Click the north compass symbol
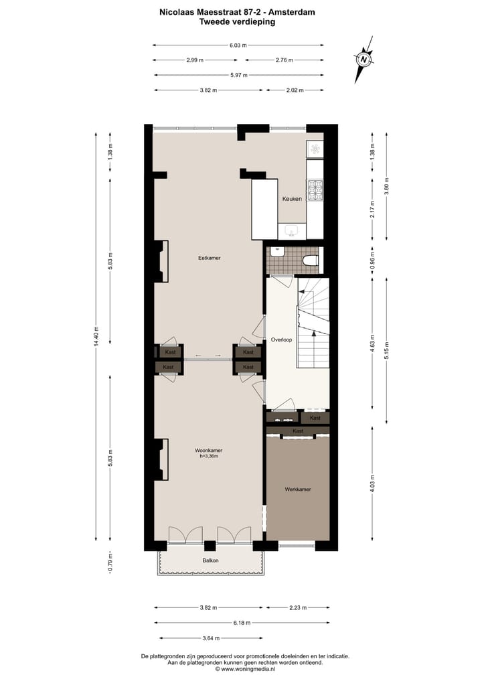click(x=364, y=58)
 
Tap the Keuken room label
click(x=292, y=199)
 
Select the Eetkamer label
click(x=209, y=258)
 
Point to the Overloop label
click(x=282, y=340)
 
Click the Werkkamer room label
click(x=297, y=489)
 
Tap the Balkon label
click(x=210, y=560)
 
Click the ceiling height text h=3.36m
click(x=209, y=456)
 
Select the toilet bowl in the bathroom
click(x=310, y=260)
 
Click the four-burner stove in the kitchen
click(x=315, y=191)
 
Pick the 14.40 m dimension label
click(x=96, y=336)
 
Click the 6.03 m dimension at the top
click(x=238, y=46)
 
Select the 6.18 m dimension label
click(x=242, y=623)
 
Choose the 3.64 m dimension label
click(x=209, y=638)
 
